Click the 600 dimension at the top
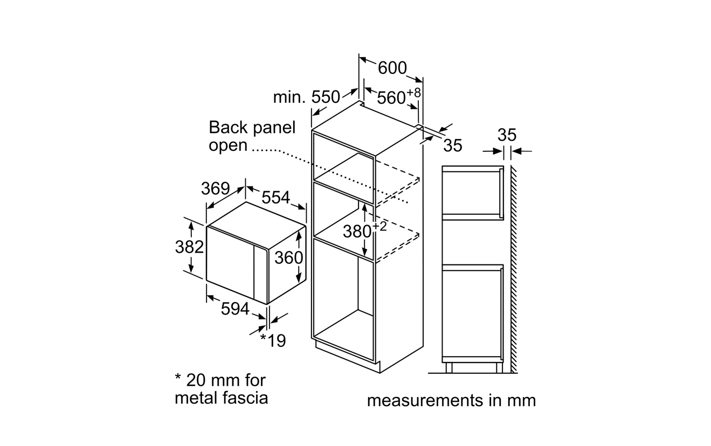(392, 68)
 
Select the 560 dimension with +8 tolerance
(398, 97)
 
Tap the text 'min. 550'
(306, 97)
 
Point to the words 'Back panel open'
(252, 136)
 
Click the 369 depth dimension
(215, 189)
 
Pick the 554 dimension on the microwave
(275, 198)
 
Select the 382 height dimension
(189, 247)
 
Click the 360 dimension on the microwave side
(288, 257)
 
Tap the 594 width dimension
(235, 309)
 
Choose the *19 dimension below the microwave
(273, 341)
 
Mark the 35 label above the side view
(507, 135)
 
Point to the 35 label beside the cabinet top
(453, 145)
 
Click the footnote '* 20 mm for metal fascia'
(221, 389)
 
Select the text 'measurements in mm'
(451, 401)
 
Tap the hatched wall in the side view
(514, 269)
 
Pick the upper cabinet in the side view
(472, 192)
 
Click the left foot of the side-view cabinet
(448, 368)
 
